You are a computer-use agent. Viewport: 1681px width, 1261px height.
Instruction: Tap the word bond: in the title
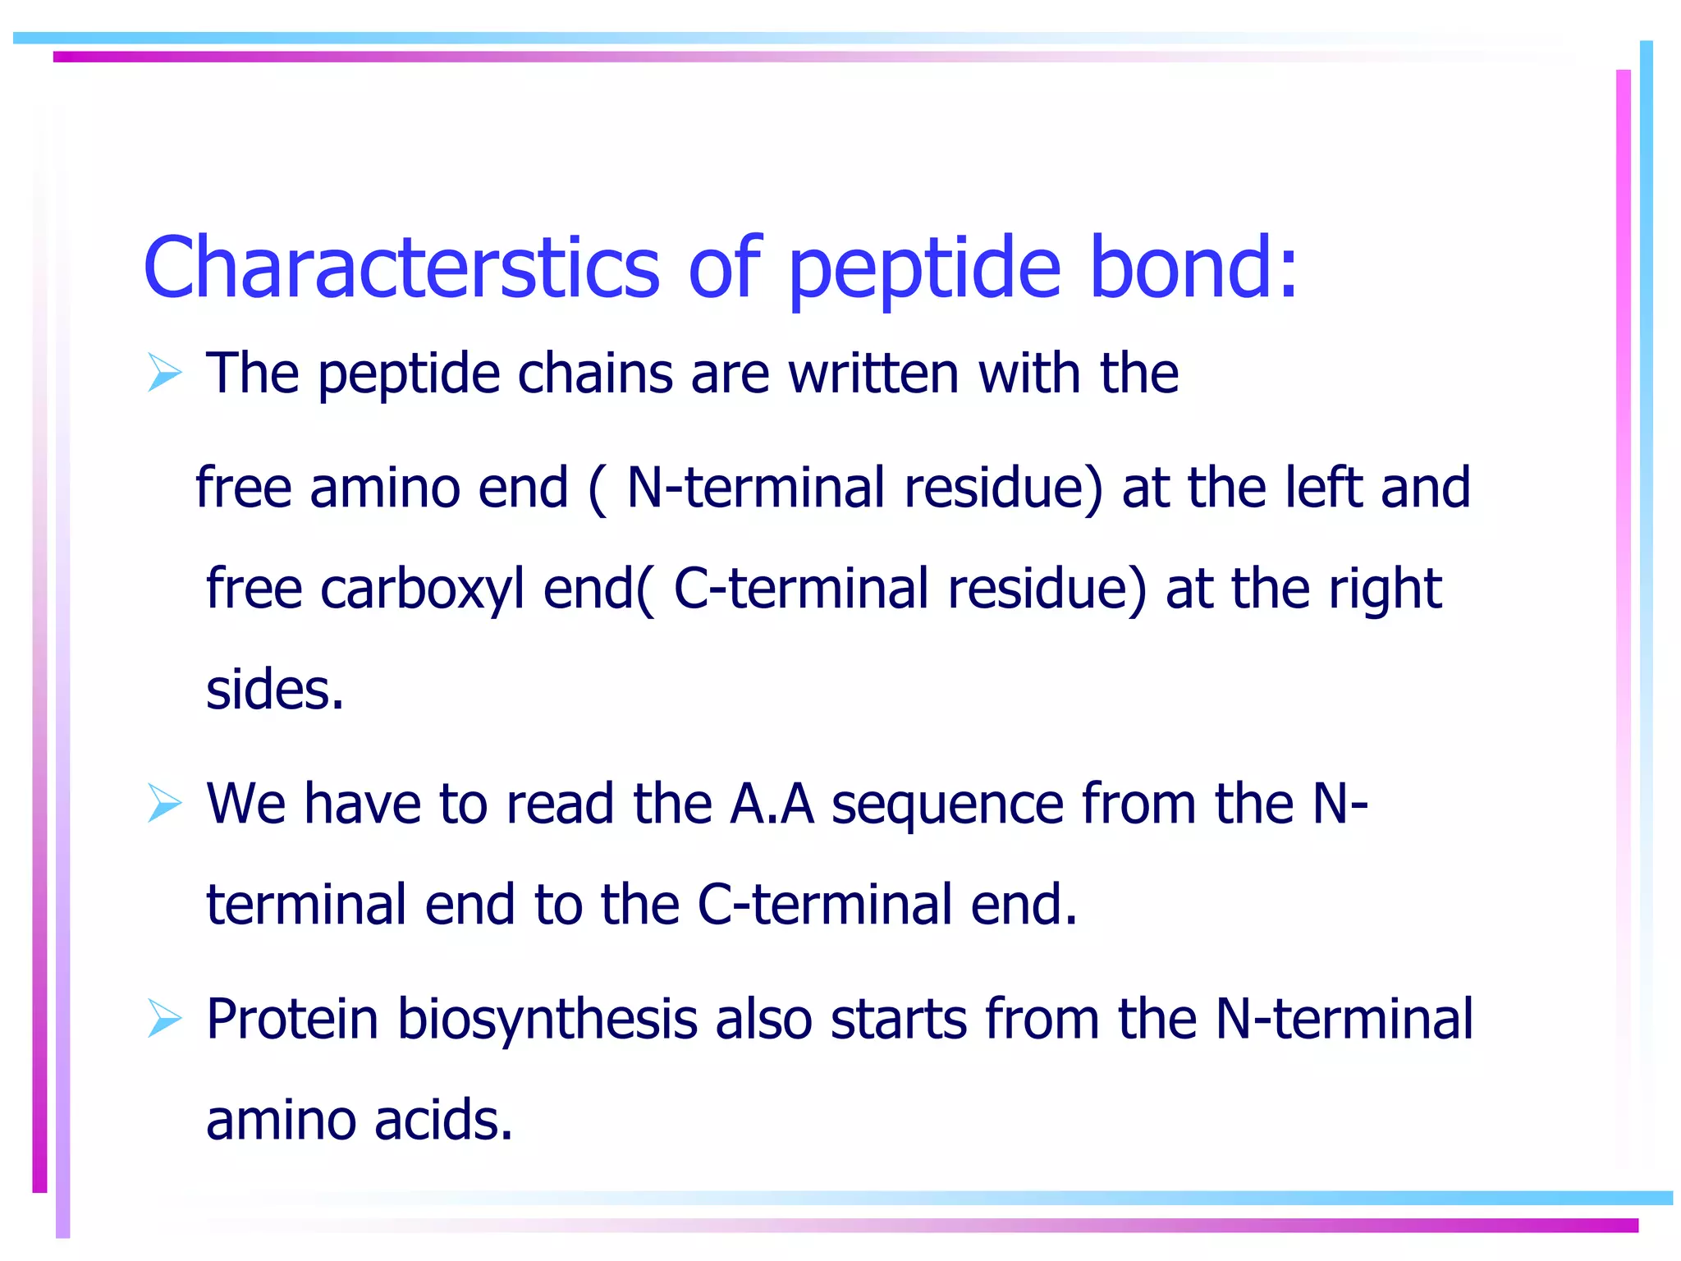(1193, 268)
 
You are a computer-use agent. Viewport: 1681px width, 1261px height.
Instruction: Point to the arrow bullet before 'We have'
(164, 802)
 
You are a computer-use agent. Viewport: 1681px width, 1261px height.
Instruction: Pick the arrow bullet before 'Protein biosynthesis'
(164, 1018)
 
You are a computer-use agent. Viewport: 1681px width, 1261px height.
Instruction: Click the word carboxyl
(422, 589)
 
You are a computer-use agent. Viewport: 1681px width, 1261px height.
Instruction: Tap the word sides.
(274, 690)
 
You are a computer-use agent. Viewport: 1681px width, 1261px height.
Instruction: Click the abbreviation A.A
(772, 803)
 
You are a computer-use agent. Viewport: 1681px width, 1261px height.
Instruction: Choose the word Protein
(291, 1019)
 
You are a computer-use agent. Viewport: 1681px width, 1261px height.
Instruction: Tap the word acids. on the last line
(443, 1120)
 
